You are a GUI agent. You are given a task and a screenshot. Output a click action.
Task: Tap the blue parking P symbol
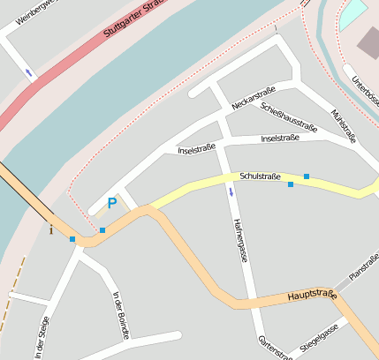click(x=112, y=204)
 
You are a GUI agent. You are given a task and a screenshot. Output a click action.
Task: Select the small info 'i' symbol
click(x=51, y=231)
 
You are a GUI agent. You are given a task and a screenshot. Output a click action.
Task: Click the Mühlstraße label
click(x=343, y=126)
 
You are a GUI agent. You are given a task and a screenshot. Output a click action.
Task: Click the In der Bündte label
click(x=122, y=315)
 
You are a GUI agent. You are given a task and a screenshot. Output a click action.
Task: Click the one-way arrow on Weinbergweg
click(x=31, y=72)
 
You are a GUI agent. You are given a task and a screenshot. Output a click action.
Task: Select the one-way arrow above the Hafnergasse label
click(x=231, y=191)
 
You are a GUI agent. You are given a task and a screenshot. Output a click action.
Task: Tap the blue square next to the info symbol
click(x=72, y=239)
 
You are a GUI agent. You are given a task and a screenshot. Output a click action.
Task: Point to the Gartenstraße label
click(x=275, y=349)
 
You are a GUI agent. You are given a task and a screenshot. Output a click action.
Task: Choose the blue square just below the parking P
click(x=102, y=230)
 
